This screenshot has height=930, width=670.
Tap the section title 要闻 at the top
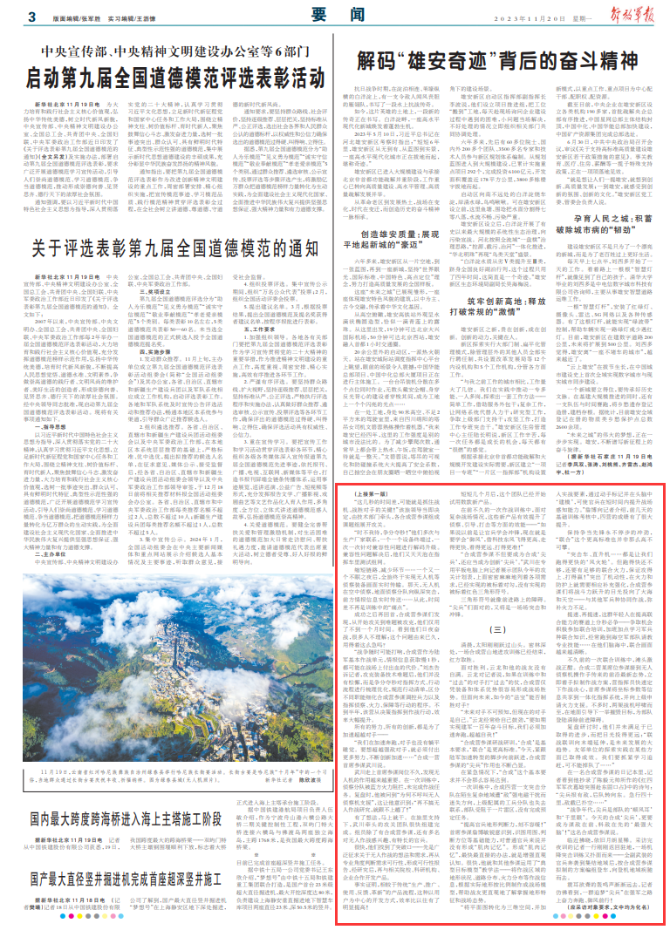(335, 17)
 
